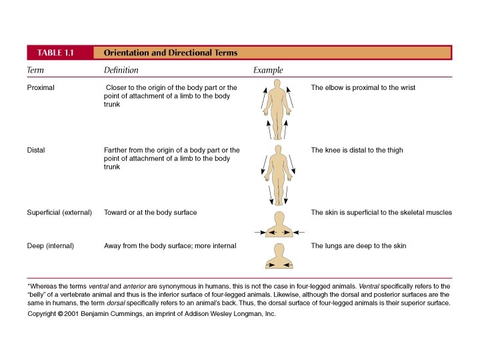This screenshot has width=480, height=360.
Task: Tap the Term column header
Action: tap(35, 70)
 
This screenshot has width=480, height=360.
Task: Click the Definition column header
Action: tap(121, 70)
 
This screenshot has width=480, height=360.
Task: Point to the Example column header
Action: tap(268, 70)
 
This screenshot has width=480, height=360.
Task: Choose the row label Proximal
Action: tap(41, 87)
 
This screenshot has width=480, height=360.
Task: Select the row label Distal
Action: tap(36, 150)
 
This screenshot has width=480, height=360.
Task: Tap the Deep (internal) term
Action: tap(50, 246)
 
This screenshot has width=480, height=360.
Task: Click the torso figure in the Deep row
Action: tap(278, 256)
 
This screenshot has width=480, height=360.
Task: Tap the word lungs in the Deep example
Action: tap(335, 246)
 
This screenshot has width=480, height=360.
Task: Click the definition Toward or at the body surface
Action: tap(150, 213)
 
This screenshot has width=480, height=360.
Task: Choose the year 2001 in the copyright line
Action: tap(73, 314)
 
